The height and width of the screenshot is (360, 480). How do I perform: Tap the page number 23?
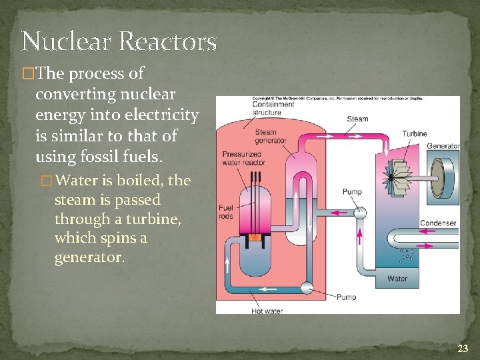(463, 347)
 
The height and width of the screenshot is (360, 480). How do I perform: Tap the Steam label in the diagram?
(357, 119)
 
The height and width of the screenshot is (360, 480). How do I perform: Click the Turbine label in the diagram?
(415, 133)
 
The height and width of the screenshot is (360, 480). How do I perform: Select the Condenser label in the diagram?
(438, 223)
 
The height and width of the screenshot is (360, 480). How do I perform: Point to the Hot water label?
(267, 310)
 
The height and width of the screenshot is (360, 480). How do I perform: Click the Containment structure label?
(273, 108)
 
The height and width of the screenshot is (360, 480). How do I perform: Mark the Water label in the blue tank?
(397, 279)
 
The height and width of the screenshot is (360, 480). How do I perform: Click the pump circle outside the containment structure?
(360, 213)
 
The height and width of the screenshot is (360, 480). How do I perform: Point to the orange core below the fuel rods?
(254, 237)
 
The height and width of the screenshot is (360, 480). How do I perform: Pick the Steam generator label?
(271, 136)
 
